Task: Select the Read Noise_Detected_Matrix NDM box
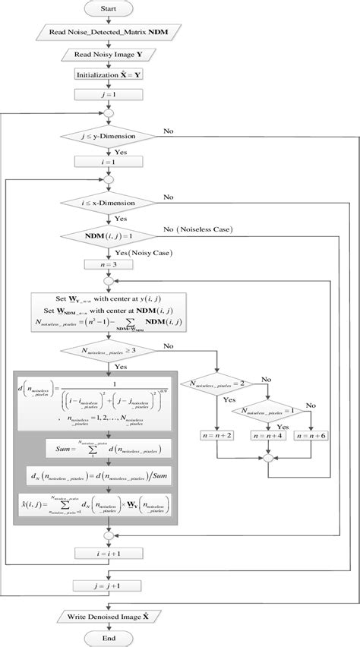113,34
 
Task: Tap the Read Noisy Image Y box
113,55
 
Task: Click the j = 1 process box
113,95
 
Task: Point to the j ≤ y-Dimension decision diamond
113,137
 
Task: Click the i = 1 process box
113,160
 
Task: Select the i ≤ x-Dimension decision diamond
113,204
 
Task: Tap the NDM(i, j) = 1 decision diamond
113,237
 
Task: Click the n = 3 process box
113,265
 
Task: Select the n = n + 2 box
219,435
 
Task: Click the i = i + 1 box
113,556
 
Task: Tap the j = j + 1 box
113,585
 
